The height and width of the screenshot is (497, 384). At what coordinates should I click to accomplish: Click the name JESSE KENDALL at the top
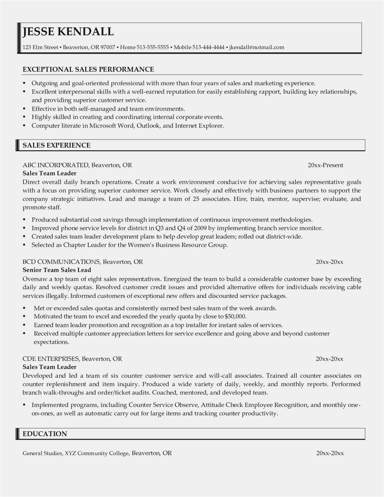(68, 32)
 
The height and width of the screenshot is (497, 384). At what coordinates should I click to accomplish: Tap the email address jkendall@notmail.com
(257, 47)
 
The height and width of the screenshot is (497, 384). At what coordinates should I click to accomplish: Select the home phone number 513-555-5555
(153, 47)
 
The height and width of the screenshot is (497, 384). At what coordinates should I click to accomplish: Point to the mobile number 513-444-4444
(208, 47)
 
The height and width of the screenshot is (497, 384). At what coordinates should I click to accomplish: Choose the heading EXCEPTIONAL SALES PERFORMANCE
(88, 69)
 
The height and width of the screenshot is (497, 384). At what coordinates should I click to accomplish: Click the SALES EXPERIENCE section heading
(57, 145)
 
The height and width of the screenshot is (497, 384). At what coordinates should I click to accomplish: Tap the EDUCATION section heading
(45, 434)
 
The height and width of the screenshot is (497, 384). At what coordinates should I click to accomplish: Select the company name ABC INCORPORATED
(55, 165)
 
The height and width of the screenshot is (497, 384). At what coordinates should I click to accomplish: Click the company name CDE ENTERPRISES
(51, 358)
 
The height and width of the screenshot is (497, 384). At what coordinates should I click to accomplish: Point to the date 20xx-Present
(325, 165)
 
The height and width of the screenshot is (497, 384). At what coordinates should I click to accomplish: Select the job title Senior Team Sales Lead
(57, 270)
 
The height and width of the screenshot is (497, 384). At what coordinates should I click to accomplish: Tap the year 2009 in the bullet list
(200, 228)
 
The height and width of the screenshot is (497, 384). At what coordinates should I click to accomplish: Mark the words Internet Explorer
(199, 125)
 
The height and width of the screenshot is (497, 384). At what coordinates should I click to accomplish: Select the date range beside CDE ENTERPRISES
(329, 359)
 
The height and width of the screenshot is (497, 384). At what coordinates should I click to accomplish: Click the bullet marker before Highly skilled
(24, 117)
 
